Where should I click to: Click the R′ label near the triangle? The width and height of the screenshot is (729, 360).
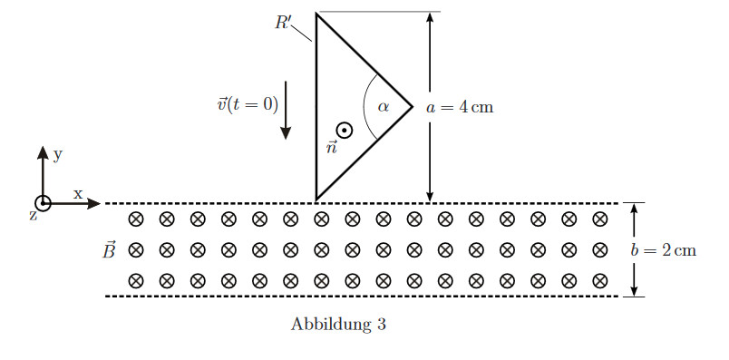point(283,23)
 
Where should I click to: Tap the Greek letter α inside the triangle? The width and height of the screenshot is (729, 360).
point(384,107)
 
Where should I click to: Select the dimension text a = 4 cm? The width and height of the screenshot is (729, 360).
point(460,107)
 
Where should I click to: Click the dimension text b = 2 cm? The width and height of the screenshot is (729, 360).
point(664,250)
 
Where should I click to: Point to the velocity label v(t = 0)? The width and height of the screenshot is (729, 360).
point(248,104)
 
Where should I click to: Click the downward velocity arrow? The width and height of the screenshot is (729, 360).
point(286,111)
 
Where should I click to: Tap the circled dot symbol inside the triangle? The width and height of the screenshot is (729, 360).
point(344,131)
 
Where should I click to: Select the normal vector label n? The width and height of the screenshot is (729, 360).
point(332,149)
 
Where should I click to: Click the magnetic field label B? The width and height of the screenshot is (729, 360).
point(108,250)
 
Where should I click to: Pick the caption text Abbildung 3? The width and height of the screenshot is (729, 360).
point(338,325)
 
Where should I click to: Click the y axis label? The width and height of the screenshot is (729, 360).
point(58,155)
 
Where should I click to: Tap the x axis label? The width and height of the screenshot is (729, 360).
point(77,193)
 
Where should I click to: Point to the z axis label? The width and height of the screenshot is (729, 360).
point(33,216)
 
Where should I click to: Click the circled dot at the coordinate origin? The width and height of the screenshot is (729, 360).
point(43,203)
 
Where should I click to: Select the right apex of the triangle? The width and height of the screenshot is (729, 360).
point(412,107)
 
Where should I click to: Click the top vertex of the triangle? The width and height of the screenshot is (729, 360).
point(316,14)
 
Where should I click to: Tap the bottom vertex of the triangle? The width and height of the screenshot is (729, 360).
point(316,200)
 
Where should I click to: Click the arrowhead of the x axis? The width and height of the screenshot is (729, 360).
point(94,203)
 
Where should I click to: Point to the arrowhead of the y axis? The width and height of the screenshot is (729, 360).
point(43,152)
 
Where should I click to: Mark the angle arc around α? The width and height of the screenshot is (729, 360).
point(364,107)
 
